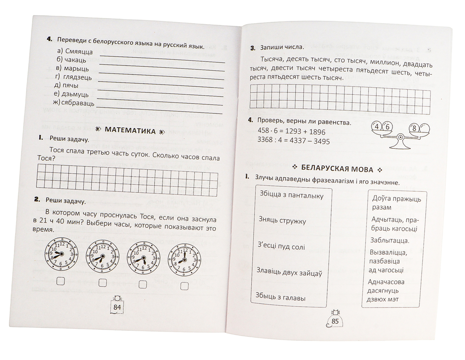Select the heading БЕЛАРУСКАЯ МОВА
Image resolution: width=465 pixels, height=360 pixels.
click(336, 167)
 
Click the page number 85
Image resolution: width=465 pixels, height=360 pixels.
click(335, 321)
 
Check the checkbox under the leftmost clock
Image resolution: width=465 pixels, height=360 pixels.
click(60, 281)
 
